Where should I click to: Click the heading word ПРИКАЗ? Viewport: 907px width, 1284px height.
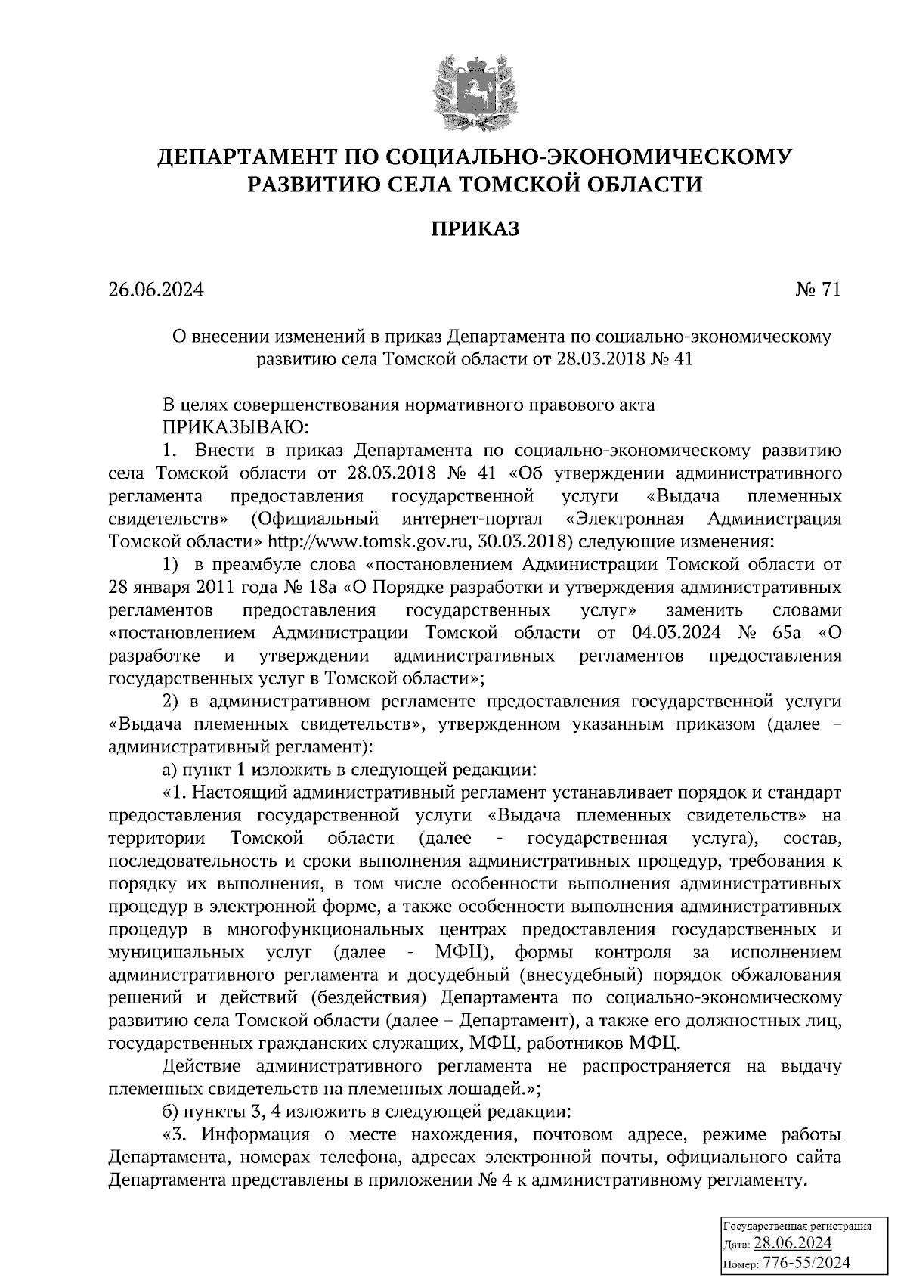pyautogui.click(x=475, y=229)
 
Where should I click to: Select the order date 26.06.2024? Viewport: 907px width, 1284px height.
pyautogui.click(x=156, y=290)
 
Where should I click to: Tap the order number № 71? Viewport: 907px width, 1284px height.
pyautogui.click(x=818, y=290)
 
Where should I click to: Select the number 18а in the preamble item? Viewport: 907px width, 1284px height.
pyautogui.click(x=328, y=587)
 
